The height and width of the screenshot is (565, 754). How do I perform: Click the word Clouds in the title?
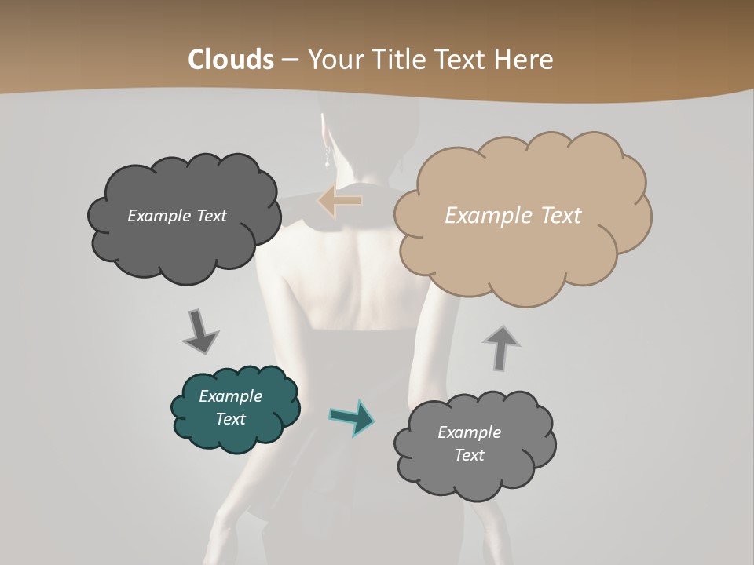(230, 60)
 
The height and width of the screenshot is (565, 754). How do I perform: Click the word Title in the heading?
(391, 60)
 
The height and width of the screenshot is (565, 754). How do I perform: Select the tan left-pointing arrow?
(340, 201)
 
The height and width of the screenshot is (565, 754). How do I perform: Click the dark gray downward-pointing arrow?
(199, 331)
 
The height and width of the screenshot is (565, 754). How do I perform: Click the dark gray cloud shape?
(183, 217)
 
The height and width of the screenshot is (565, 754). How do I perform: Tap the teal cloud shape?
(236, 408)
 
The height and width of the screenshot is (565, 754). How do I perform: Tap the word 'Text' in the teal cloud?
(231, 419)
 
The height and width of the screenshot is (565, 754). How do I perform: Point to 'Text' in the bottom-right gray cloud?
(470, 455)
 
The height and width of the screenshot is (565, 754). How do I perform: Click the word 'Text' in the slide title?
(461, 60)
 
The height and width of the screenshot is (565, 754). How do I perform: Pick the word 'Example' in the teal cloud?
(231, 396)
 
